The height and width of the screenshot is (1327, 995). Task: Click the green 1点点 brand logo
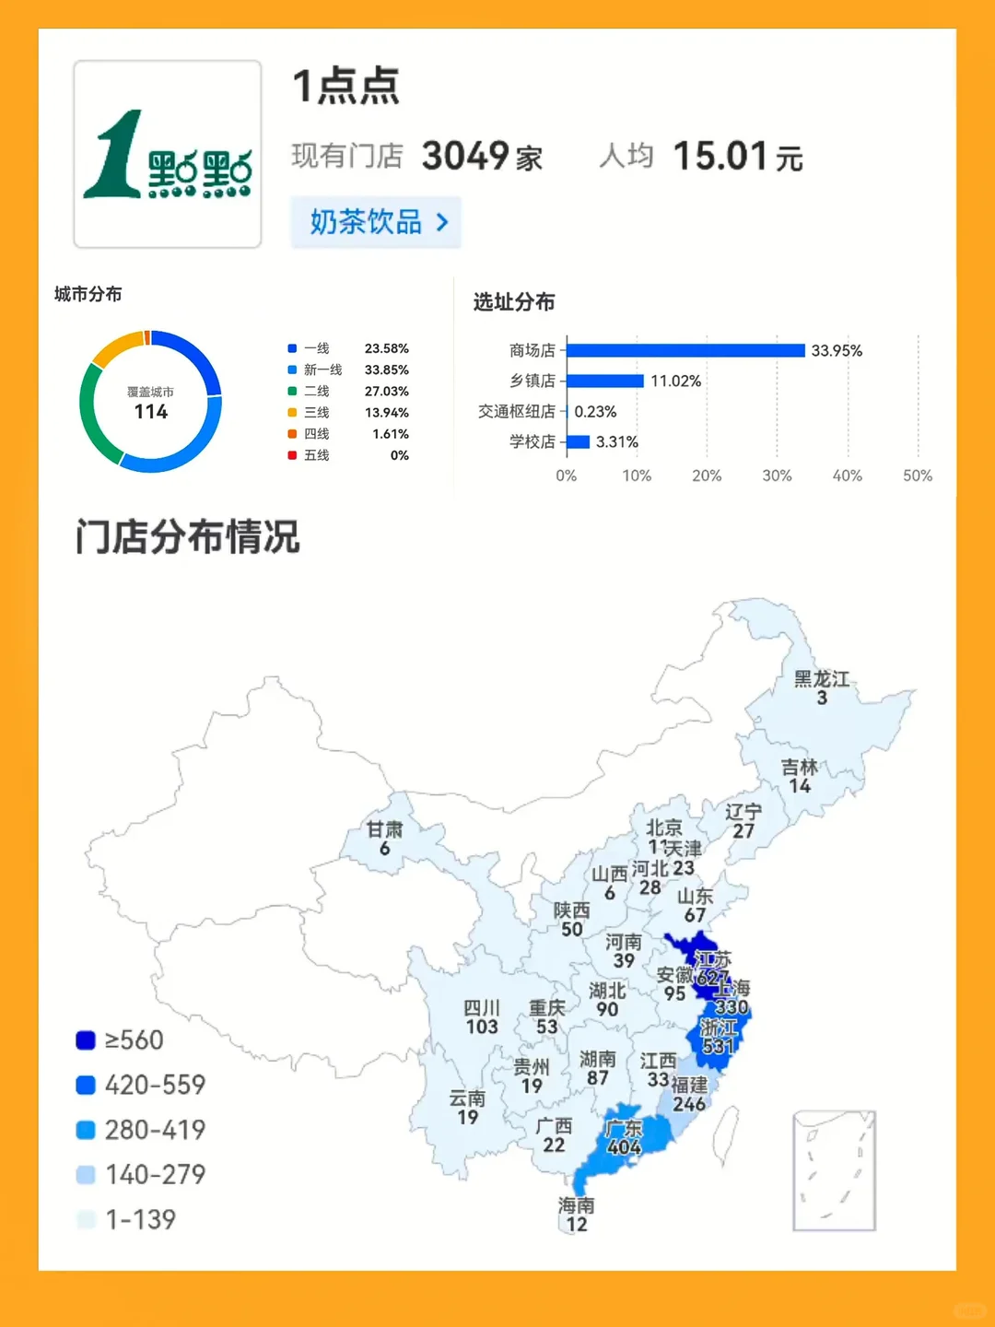point(167,155)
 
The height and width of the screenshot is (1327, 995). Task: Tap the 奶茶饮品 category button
point(376,222)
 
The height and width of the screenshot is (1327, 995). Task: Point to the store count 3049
point(465,156)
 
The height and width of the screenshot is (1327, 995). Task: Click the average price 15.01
point(720,156)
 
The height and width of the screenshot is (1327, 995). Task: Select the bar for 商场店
point(685,350)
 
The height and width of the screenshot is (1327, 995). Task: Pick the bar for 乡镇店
point(605,381)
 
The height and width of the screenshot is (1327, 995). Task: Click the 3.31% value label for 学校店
point(616,442)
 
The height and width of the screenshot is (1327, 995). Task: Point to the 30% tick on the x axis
point(777,476)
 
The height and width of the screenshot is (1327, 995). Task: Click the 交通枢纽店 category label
point(517,412)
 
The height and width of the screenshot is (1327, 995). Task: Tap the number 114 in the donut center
point(151,412)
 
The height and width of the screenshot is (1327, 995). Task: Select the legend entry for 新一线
point(322,370)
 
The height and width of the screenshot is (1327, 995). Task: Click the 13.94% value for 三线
point(386,412)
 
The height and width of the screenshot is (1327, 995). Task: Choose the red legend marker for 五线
point(292,455)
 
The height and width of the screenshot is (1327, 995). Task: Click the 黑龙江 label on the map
point(821,679)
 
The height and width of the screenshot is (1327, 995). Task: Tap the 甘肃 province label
point(384,829)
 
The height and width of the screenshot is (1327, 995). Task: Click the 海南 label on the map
point(576,1205)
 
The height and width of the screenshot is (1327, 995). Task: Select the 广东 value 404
point(624,1147)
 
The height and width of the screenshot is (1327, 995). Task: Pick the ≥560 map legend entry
point(120,1040)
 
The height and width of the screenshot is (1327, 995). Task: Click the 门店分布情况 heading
point(188,536)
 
